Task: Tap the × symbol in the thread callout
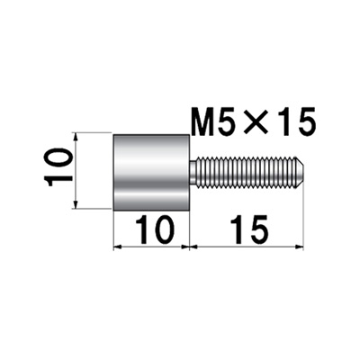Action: [x=256, y=121]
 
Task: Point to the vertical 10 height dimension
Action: [x=58, y=168]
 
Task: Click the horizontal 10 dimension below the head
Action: [x=155, y=230]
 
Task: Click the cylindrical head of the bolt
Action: [x=151, y=173]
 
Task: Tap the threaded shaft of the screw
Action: [x=246, y=173]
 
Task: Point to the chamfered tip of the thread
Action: [x=300, y=173]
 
